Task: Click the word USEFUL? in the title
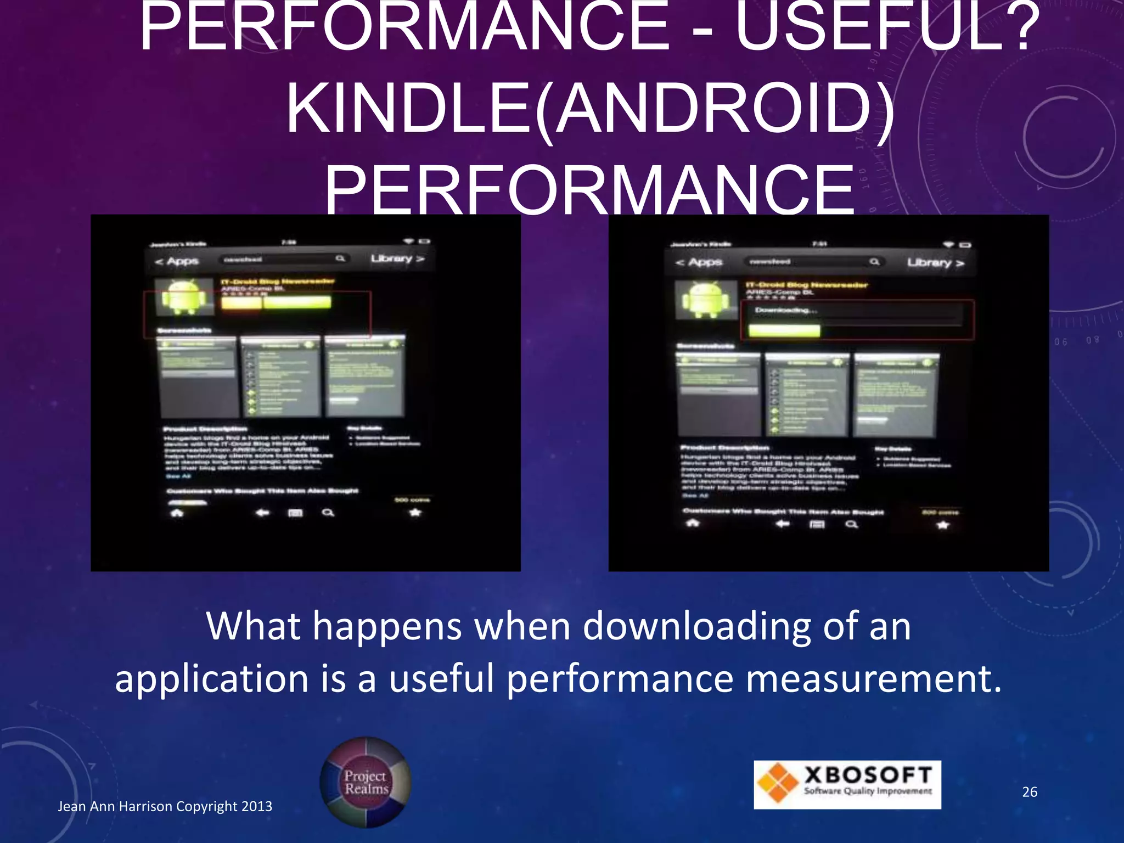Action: pos(886,27)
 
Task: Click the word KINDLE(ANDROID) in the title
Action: pos(590,109)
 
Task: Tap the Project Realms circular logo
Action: pos(366,782)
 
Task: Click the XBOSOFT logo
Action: pos(847,784)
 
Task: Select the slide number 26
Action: pos(1029,791)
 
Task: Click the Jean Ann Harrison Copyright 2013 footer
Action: pos(165,806)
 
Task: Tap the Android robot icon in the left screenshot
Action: pos(184,297)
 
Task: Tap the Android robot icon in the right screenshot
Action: pos(705,300)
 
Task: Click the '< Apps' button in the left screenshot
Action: pos(176,261)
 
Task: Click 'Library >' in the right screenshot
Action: pos(935,263)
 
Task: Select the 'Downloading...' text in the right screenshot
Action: pos(785,311)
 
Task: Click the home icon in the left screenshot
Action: pos(177,513)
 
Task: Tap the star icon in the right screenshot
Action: pos(942,525)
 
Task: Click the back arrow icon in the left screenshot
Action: pos(262,513)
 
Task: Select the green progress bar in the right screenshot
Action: pos(784,330)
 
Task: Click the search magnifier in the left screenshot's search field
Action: pos(340,258)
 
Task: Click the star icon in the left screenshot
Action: pos(415,513)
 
